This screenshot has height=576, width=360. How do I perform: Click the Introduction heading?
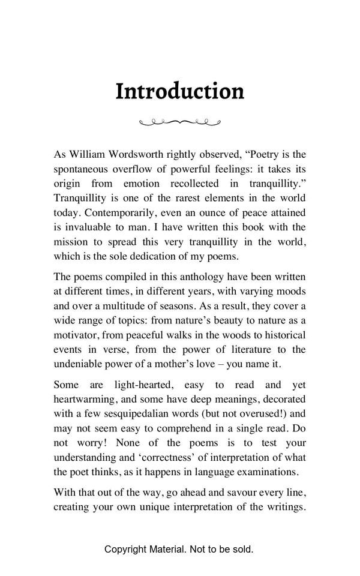pos(179,91)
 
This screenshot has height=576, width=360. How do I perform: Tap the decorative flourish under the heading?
pos(180,122)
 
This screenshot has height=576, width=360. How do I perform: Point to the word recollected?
pos(194,184)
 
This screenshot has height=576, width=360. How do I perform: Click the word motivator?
pos(76,335)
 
